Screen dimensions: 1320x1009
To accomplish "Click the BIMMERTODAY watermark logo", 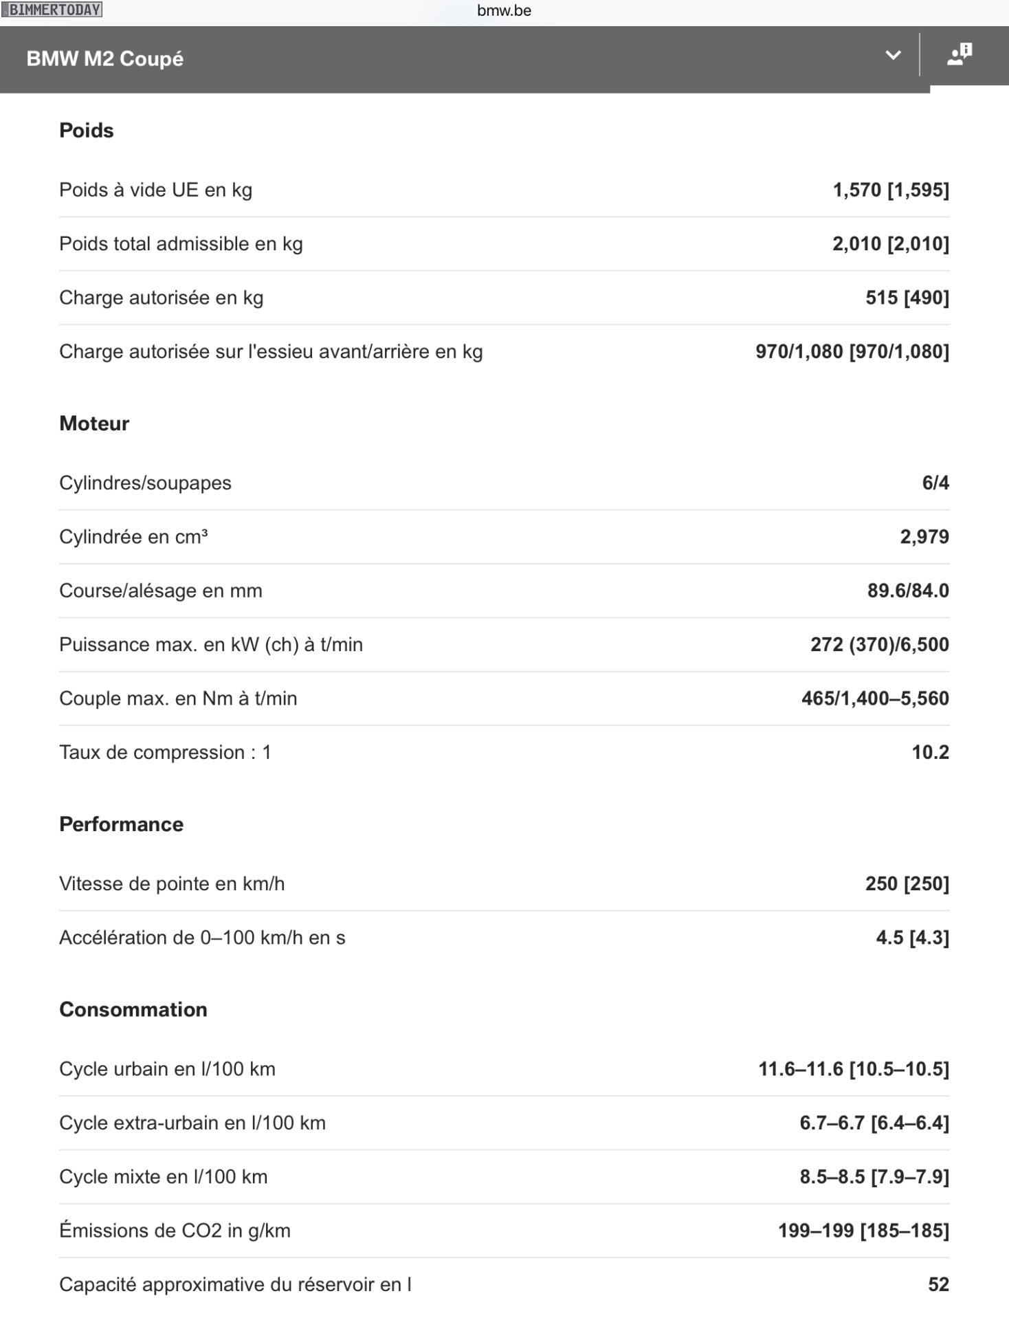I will (x=52, y=10).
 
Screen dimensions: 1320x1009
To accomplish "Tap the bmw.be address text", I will (x=504, y=10).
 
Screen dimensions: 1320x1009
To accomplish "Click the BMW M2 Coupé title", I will (x=105, y=59).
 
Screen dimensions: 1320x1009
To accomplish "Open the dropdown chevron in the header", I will (x=893, y=56).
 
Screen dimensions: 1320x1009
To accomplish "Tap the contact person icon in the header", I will (x=960, y=54).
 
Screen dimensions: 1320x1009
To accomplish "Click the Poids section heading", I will (x=87, y=131).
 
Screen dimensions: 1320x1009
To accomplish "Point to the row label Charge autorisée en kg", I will (x=162, y=298).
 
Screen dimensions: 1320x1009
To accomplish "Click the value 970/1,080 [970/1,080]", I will (x=852, y=351).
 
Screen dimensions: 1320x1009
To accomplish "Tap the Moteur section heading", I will (x=94, y=423).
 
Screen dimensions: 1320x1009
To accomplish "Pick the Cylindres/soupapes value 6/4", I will (x=935, y=483).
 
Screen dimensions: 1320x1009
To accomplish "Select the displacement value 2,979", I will (x=924, y=537).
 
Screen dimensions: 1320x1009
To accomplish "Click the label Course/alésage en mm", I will (x=161, y=591).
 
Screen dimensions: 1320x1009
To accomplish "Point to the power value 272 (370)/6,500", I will (x=880, y=644).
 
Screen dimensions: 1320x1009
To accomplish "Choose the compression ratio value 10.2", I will (x=930, y=752).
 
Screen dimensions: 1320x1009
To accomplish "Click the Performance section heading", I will (x=122, y=824).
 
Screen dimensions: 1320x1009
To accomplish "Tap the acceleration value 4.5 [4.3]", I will (x=912, y=938).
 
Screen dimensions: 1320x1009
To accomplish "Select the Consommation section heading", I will (x=133, y=1009).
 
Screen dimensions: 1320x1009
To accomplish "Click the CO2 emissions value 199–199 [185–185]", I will (x=863, y=1231).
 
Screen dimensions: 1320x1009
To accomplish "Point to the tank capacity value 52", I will (x=938, y=1284).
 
